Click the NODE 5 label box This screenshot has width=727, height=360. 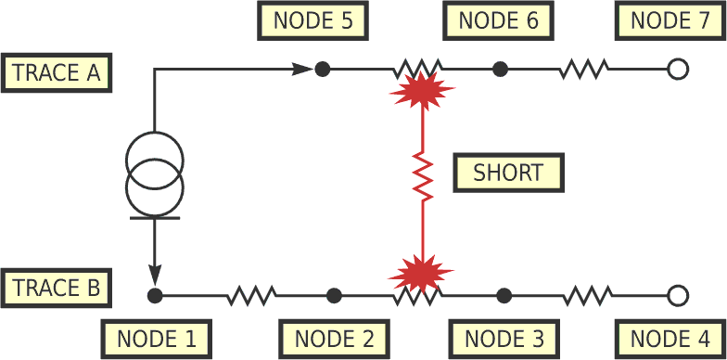point(312,20)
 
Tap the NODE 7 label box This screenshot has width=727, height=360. point(670,20)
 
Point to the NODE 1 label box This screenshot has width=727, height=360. point(157,339)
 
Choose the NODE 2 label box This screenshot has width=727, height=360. point(334,339)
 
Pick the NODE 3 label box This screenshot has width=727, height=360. point(504,339)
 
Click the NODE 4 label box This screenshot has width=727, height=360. point(671,339)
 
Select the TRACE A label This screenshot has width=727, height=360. point(57,71)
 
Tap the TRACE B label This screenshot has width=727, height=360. point(57,289)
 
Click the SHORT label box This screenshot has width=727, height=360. point(509,173)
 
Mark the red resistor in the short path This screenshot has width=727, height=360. point(423,176)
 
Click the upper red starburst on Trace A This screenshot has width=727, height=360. point(423,91)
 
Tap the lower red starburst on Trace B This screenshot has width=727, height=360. point(421,274)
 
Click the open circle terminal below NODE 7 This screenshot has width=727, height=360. point(678,69)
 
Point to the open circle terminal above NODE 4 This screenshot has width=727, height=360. point(678,296)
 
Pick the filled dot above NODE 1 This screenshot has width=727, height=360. point(155,296)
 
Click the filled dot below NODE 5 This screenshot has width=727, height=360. point(322,69)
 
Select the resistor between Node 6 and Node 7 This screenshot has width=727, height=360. point(584,69)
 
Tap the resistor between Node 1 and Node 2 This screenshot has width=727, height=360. point(251,296)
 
